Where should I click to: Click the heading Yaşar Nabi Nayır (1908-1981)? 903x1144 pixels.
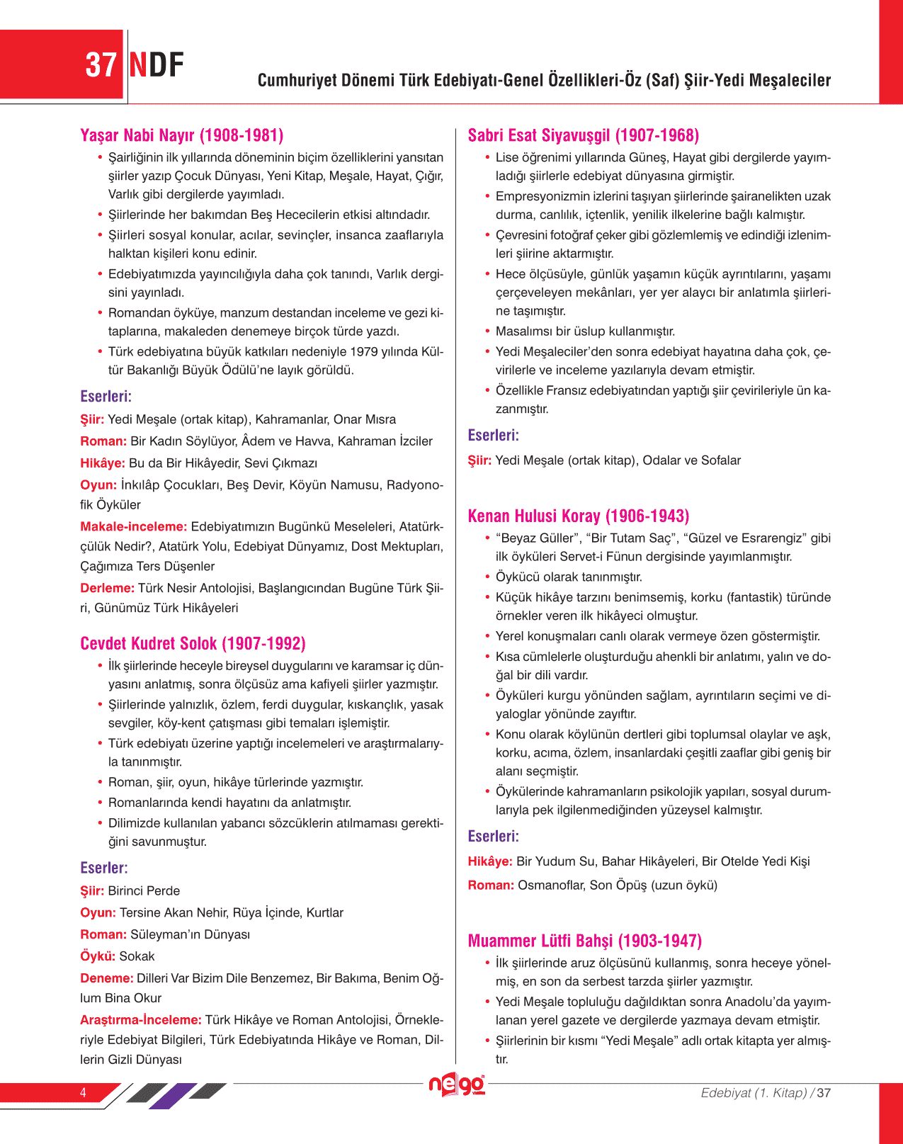[182, 135]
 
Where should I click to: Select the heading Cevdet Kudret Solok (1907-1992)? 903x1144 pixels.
[193, 643]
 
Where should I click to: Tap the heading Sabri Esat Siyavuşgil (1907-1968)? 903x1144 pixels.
[584, 135]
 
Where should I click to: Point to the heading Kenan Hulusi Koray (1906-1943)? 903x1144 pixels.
[579, 516]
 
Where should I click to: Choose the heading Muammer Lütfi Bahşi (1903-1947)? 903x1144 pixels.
[585, 941]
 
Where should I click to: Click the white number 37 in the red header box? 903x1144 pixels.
[101, 65]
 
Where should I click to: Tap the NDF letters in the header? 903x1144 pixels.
[157, 65]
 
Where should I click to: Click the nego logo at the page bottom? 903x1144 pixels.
[457, 1084]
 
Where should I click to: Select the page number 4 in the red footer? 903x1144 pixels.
[83, 1092]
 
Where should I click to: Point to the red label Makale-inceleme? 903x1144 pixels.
[134, 526]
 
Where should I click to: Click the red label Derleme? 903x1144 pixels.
[108, 588]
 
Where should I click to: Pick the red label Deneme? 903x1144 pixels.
[107, 978]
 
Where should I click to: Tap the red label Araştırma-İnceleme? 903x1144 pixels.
[141, 1020]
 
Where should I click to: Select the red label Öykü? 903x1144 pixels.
[98, 956]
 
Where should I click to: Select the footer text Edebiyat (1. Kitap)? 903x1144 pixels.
[754, 1093]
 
